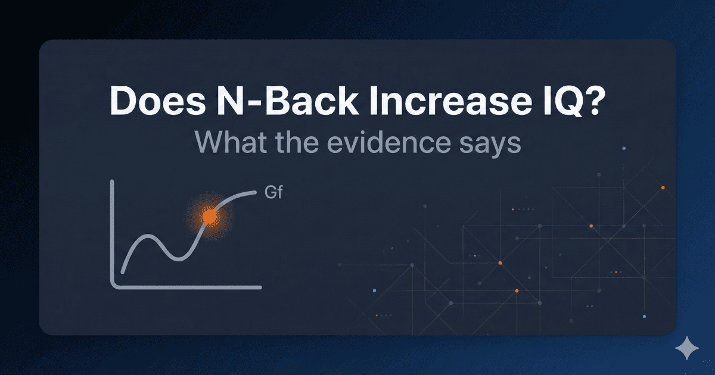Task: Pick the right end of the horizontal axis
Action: point(260,287)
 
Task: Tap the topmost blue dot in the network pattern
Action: point(623,148)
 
